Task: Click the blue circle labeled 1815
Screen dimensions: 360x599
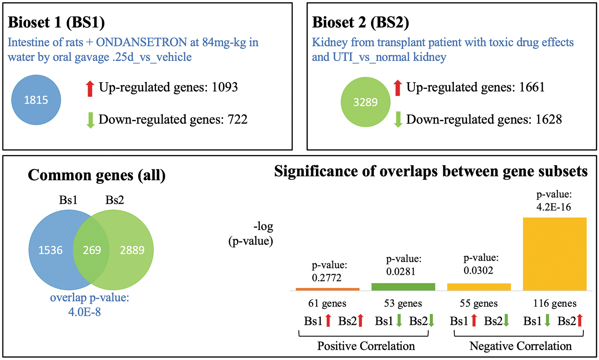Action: tap(36, 100)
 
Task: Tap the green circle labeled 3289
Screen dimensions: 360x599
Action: tap(365, 102)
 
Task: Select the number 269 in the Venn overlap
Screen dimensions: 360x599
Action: tap(92, 250)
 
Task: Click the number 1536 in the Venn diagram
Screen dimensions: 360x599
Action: tap(50, 250)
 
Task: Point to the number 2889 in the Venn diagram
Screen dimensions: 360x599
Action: tap(132, 250)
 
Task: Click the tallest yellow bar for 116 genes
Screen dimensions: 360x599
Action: tap(554, 254)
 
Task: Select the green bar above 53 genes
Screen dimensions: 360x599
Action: tap(403, 287)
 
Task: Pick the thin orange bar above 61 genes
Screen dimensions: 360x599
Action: tap(327, 289)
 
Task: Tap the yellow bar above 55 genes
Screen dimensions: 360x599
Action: tap(479, 287)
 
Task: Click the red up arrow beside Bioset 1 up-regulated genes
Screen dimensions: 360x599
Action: tap(90, 89)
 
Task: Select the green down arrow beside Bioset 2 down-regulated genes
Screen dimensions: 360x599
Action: tap(398, 119)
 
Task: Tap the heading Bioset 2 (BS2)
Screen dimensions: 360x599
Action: tap(360, 22)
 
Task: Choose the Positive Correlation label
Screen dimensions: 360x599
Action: tap(366, 346)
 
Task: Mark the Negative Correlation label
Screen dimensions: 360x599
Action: tap(521, 346)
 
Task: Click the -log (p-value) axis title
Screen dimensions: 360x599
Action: tap(251, 233)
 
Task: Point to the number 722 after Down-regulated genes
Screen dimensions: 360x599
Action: tap(237, 119)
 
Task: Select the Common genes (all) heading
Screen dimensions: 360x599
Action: tap(97, 175)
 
